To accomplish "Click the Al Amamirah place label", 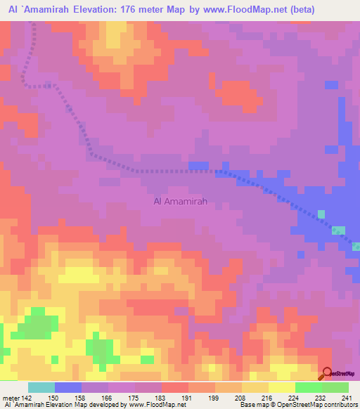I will tap(179, 202).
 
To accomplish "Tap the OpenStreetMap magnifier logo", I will tap(327, 373).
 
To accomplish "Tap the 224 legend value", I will tap(295, 398).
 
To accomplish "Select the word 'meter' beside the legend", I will tap(11, 398).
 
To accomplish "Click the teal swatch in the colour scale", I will tap(41, 387).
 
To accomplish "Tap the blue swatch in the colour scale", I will tap(68, 387).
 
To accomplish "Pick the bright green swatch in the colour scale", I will tap(308, 387).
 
